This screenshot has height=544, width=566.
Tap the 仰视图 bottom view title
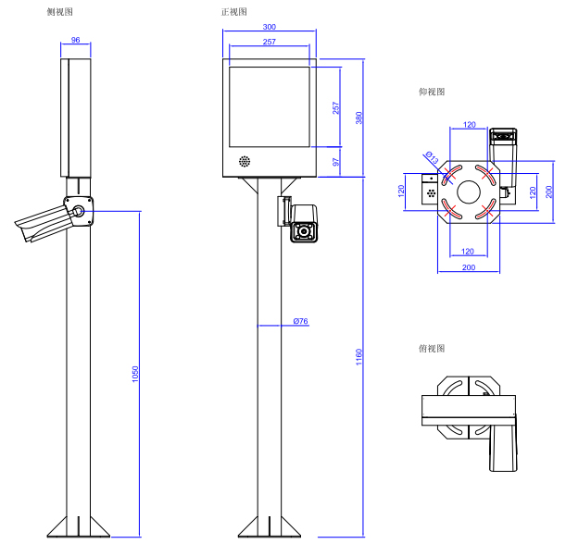point(432,93)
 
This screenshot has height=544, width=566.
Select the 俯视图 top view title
point(432,349)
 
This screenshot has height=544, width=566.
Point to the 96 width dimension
point(75,41)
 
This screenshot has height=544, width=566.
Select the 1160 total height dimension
point(359,357)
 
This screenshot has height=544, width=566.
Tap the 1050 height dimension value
point(135,374)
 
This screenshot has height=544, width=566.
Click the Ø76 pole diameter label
point(299,321)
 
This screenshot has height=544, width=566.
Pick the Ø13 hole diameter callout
point(431,158)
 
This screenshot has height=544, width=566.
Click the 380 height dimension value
point(359,118)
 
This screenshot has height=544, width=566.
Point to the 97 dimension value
point(336,162)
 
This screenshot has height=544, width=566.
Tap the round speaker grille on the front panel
point(245,161)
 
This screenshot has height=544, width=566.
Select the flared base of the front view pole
point(269,526)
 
